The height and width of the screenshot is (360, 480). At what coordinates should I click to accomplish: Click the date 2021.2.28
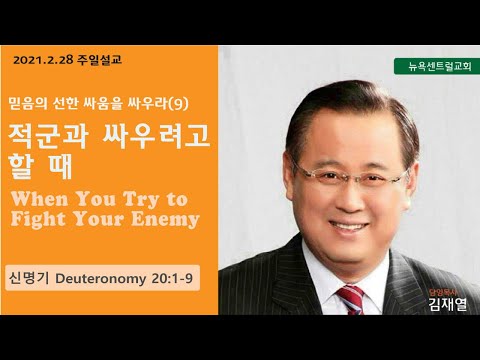(x=43, y=60)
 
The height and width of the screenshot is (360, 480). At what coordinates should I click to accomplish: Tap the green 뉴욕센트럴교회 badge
(x=437, y=66)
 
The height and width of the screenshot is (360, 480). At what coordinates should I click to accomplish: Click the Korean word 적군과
(x=48, y=136)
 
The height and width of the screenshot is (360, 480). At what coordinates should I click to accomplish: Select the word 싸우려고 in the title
(x=156, y=136)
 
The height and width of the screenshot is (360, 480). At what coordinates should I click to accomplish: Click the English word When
(x=40, y=199)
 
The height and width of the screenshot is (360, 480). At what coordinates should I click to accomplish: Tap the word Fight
(x=38, y=220)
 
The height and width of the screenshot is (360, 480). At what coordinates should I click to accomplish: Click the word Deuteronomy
(x=101, y=279)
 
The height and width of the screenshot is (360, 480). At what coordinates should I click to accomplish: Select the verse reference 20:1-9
(x=172, y=278)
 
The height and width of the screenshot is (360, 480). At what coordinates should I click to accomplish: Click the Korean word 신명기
(x=30, y=278)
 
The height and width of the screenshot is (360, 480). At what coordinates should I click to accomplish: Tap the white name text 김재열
(x=448, y=304)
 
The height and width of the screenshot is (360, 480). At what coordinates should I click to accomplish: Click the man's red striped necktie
(x=351, y=300)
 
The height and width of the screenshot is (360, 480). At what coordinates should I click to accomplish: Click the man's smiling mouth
(x=349, y=227)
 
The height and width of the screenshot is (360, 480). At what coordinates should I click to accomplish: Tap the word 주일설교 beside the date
(x=99, y=60)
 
